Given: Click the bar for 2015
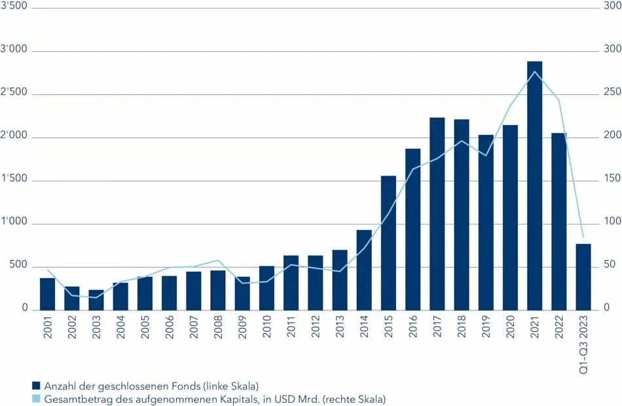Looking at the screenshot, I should pyautogui.click(x=388, y=242).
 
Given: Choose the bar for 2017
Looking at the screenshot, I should pyautogui.click(x=437, y=213).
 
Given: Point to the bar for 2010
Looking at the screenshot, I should pyautogui.click(x=266, y=287).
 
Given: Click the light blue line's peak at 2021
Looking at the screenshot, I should pyautogui.click(x=535, y=71).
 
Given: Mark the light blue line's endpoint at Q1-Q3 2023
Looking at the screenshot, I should pyautogui.click(x=583, y=236).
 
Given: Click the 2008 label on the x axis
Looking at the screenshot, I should pyautogui.click(x=218, y=327).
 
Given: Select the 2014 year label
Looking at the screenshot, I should pyautogui.click(x=364, y=327).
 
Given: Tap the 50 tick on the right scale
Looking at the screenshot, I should pyautogui.click(x=609, y=265).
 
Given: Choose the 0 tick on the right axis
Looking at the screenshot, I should pyautogui.click(x=606, y=308).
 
